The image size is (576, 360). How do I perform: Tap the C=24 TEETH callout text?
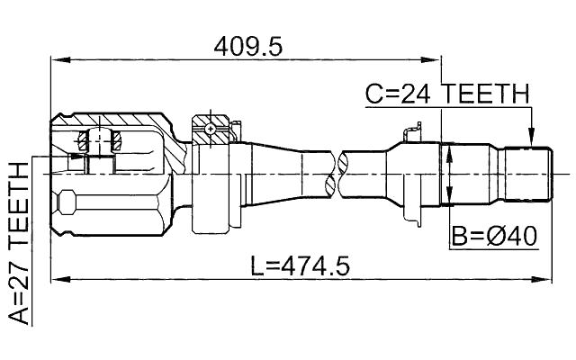pos(447,94)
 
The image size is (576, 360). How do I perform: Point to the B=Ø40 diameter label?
pos(494,237)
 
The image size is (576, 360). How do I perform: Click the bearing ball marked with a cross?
pos(210,129)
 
